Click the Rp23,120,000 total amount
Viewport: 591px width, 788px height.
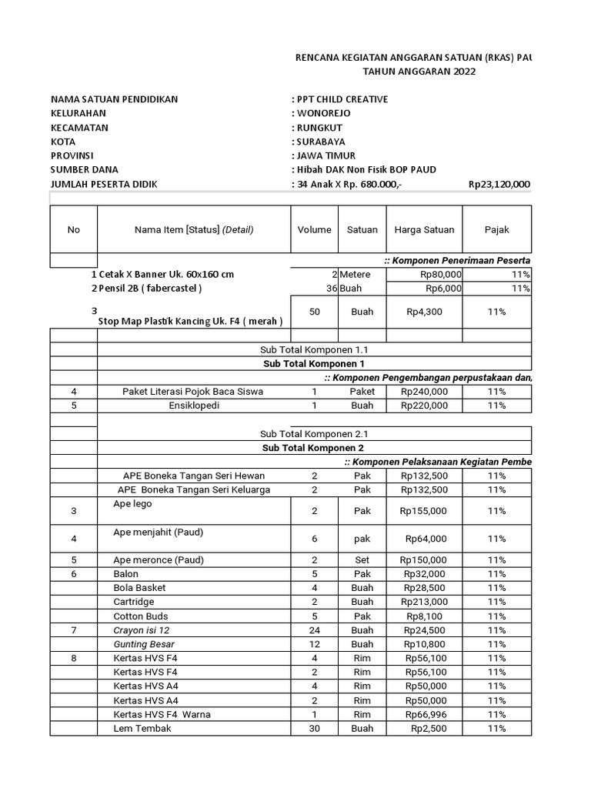click(499, 184)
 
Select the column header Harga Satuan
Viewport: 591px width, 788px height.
click(424, 229)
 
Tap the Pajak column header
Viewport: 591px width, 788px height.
click(496, 229)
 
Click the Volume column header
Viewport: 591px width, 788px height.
click(314, 229)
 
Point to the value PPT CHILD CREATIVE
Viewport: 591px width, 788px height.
click(341, 99)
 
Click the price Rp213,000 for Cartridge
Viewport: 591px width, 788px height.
click(424, 602)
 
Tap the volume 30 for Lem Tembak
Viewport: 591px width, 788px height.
click(314, 728)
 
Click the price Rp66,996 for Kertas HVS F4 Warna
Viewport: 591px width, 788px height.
click(424, 714)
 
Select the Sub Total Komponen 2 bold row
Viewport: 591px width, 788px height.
click(313, 448)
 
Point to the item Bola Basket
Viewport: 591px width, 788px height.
click(139, 588)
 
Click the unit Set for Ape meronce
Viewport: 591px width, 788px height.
click(362, 559)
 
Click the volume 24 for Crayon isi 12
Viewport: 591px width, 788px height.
click(314, 630)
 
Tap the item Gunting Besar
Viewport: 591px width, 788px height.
click(144, 644)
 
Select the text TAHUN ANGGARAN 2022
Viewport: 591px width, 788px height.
click(419, 72)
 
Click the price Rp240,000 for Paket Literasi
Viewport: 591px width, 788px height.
click(424, 392)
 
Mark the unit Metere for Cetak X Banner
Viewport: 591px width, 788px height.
click(356, 274)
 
